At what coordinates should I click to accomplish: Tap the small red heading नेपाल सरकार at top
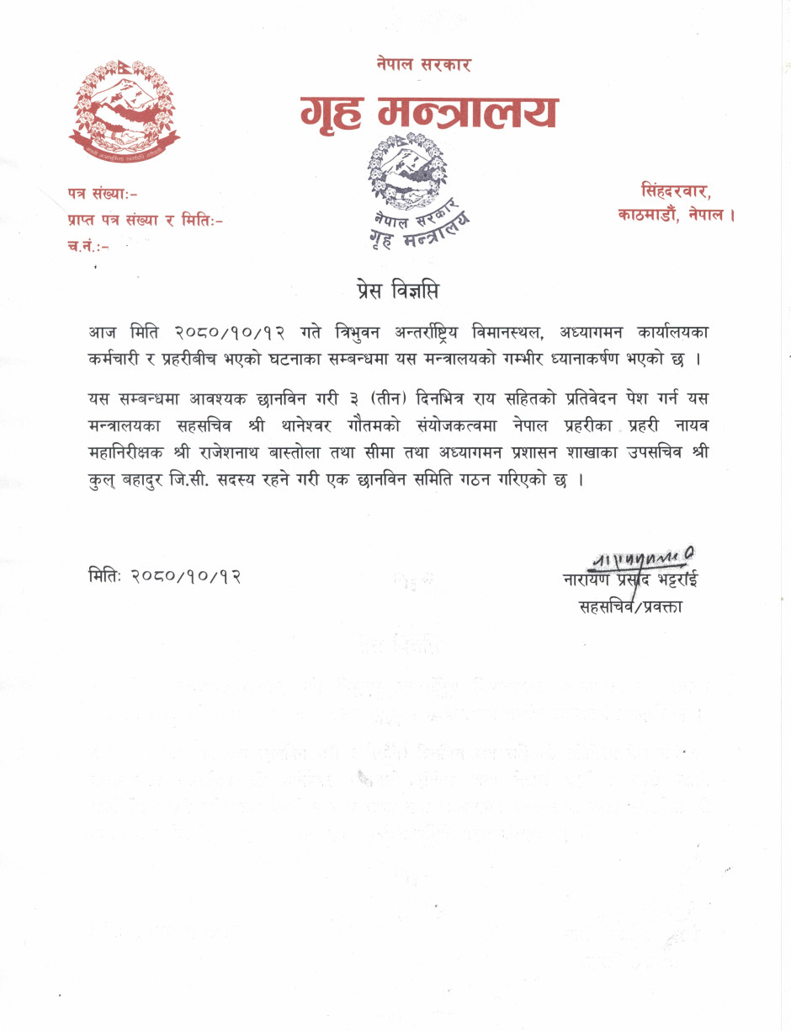click(424, 64)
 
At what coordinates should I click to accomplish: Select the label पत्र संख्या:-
click(103, 195)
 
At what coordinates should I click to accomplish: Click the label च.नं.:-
click(87, 246)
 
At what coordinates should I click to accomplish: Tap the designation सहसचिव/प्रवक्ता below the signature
click(630, 606)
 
